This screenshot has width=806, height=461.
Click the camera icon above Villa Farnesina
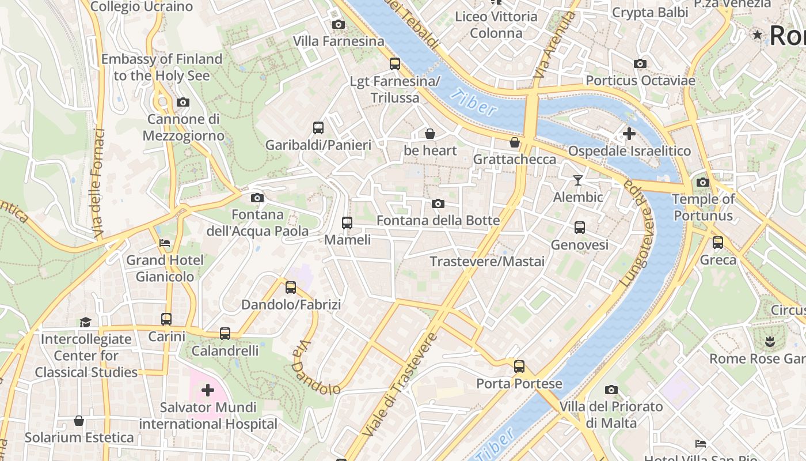[339, 24]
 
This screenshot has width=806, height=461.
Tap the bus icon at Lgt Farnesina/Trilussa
[395, 64]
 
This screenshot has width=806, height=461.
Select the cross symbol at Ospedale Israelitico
[629, 134]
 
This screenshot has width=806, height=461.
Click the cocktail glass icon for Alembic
[578, 180]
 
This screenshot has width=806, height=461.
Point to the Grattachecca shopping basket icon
[515, 142]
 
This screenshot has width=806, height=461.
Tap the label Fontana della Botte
[438, 221]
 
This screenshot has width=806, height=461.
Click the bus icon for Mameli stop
[347, 222]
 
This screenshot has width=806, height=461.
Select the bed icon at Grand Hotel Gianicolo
[165, 243]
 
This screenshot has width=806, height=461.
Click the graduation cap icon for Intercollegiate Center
[86, 322]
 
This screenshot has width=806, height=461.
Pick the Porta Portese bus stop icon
[519, 366]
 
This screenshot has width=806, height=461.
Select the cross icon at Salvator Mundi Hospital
[208, 391]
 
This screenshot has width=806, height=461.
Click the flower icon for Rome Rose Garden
[770, 342]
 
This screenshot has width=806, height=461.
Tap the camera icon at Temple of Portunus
[702, 183]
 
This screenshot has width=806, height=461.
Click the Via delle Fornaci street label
[100, 184]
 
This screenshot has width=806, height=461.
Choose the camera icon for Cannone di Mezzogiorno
[183, 103]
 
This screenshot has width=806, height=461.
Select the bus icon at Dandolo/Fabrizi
[291, 287]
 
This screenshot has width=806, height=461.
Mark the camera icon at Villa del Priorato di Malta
[611, 390]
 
